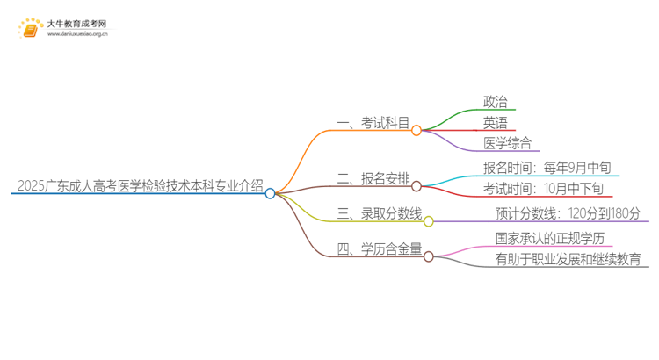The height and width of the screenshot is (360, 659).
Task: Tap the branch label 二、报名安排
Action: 373,179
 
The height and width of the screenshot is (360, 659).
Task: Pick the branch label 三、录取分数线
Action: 379,214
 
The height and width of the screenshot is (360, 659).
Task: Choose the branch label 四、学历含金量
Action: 379,250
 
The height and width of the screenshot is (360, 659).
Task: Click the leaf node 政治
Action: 495,103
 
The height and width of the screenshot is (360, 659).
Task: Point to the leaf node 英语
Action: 495,123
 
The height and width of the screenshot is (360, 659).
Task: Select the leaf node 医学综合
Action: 507,143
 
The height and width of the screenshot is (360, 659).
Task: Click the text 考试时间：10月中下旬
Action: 543,189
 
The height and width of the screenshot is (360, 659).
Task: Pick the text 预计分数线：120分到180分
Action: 568,213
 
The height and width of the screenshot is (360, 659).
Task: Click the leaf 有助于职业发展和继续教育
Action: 568,259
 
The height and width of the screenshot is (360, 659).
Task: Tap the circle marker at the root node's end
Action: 271,193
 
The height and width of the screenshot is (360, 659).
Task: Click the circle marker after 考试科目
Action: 416,130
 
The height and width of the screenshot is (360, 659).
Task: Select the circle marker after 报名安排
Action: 416,185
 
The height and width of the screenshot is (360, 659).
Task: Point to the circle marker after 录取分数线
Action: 429,221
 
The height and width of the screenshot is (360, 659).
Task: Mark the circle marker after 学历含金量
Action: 429,256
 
